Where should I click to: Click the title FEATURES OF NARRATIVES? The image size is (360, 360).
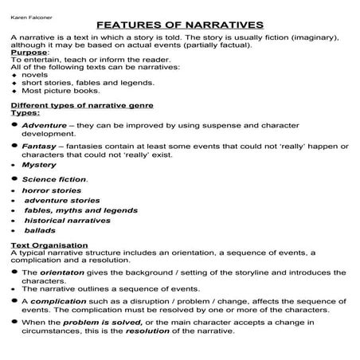point(181,25)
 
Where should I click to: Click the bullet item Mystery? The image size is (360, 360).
point(39,165)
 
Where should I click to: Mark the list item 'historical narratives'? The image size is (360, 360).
point(68,221)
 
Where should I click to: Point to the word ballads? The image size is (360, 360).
point(41,231)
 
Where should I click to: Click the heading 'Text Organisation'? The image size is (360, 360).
point(49,245)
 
